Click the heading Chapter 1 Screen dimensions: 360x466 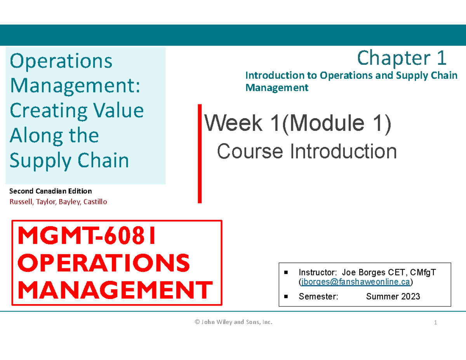402,58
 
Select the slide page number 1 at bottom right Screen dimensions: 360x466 436,322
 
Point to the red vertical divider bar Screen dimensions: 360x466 200,153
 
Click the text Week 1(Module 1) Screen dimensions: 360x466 298,124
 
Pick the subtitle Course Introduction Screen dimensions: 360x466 307,151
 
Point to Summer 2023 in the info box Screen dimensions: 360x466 393,297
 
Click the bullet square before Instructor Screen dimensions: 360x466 286,273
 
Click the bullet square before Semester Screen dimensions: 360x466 286,297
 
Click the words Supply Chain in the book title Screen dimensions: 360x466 69,160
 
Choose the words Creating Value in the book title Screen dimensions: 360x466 77,110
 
